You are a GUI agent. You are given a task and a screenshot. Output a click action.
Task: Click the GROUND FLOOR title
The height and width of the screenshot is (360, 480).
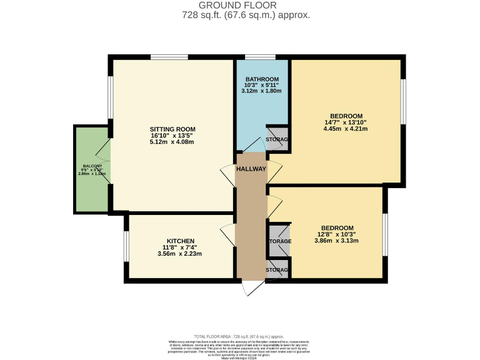click(x=240, y=5)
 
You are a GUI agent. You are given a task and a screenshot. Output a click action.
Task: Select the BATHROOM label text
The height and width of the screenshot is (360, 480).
click(x=261, y=79)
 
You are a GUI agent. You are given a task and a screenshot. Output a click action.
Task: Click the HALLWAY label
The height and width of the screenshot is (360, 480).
click(x=251, y=169)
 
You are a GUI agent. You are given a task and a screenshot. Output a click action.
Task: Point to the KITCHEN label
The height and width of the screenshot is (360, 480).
click(x=180, y=241)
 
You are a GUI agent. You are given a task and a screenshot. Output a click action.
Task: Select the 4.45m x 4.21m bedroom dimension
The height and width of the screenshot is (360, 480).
click(x=345, y=129)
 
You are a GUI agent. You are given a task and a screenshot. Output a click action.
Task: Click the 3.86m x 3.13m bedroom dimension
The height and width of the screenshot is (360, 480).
click(x=337, y=241)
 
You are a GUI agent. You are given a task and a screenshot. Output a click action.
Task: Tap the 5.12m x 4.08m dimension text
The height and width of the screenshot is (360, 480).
click(x=172, y=142)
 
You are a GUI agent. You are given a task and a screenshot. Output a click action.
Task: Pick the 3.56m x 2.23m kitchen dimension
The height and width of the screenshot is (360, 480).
click(x=180, y=254)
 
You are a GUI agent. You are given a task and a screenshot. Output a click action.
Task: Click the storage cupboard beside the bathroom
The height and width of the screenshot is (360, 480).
click(x=277, y=139)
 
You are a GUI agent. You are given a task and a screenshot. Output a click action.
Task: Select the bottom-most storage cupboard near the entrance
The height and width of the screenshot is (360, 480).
click(x=277, y=269)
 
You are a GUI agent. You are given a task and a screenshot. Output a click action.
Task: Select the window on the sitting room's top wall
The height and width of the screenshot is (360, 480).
click(x=169, y=57)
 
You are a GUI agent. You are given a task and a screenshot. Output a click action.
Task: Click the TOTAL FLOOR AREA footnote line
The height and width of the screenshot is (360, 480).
click(x=239, y=336)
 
